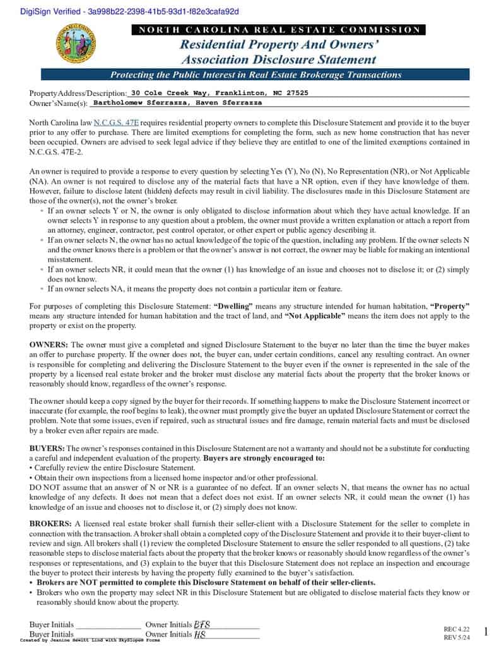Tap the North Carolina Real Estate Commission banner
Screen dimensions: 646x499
point(278,30)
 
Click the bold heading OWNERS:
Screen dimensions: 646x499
point(49,345)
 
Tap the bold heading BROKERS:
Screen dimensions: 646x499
point(50,524)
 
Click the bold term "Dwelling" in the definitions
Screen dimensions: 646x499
point(252,306)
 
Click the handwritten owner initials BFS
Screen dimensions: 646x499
point(203,625)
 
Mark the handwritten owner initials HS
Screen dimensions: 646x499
point(200,634)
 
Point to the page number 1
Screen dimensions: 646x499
point(486,631)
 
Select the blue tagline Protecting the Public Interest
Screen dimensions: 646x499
point(255,74)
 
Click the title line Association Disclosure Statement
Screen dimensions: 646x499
point(278,60)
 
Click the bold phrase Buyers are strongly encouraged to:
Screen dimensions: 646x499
point(264,458)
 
